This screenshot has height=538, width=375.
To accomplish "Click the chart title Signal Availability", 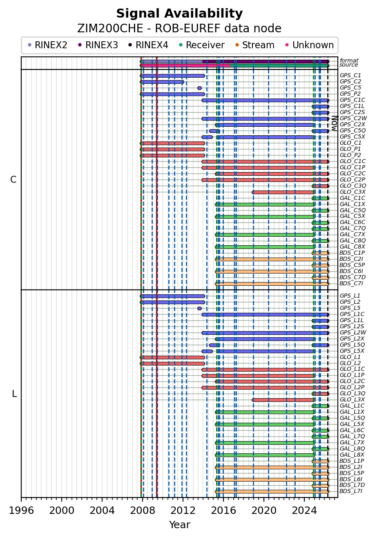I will click(x=179, y=14).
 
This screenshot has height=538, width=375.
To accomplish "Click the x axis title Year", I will click(x=179, y=525).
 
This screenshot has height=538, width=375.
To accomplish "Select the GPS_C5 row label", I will click(x=350, y=88).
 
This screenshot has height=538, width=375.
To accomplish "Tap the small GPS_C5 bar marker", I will click(x=199, y=88).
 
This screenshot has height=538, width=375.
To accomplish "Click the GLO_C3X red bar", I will click(x=283, y=192).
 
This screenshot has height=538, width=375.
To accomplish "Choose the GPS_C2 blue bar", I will click(x=162, y=82).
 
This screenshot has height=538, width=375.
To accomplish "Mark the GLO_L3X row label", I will click(x=352, y=399).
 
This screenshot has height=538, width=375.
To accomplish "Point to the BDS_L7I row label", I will click(x=351, y=491).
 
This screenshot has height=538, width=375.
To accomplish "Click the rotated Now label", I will click(x=334, y=123).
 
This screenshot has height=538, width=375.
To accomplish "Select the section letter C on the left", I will click(x=13, y=180).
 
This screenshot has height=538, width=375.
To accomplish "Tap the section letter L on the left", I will click(x=14, y=394).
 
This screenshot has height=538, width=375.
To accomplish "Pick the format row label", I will click(x=349, y=61).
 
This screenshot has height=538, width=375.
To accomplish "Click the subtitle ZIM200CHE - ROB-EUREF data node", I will click(x=179, y=29).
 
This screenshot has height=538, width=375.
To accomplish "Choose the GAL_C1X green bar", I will click(x=265, y=204).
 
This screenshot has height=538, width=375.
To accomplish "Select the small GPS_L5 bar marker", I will click(x=199, y=308).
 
